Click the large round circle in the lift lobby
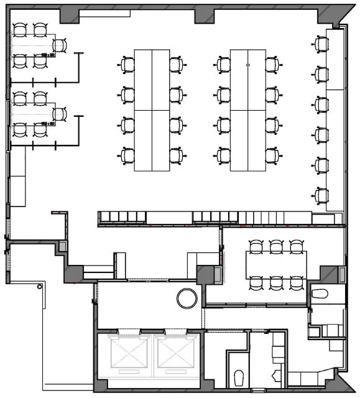point(187,298)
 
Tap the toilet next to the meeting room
point(320,293)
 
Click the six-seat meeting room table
point(276,264)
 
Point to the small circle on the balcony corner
point(40,287)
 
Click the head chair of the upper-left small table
point(60,45)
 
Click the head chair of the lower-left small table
point(60,114)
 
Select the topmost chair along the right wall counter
point(321,44)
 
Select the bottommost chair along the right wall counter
point(321,196)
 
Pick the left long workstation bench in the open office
point(152,110)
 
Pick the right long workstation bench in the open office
point(247,110)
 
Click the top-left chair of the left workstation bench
point(127,64)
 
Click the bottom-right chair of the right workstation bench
point(272,155)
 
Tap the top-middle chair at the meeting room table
point(276,246)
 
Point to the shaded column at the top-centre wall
point(204,16)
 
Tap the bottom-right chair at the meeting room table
point(296,283)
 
